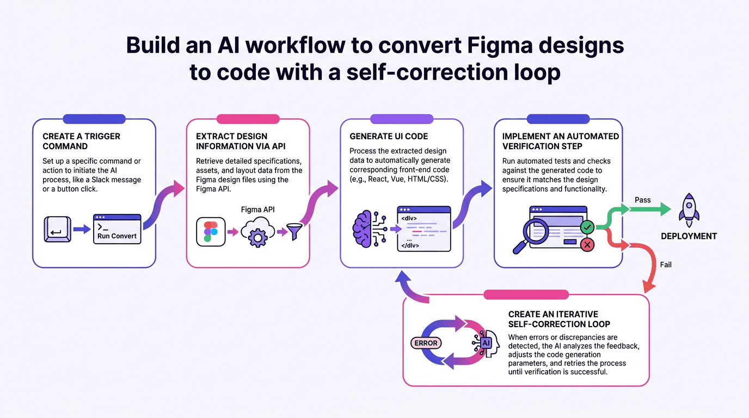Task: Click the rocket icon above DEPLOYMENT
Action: coord(689,210)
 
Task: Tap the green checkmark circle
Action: coord(587,226)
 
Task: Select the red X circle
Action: coord(587,245)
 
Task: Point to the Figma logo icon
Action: coord(211,232)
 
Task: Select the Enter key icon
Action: coord(57,229)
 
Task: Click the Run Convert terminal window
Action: coord(117,229)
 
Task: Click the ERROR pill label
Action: coord(426,343)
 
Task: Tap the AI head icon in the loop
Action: coord(487,343)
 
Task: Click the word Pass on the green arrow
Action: coord(643,200)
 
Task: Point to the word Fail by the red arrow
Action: coord(666,265)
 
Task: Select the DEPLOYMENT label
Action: coord(689,236)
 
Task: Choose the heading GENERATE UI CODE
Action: coord(389,136)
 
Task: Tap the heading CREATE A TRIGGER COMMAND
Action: coord(81,141)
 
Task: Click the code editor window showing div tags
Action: coord(424,229)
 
